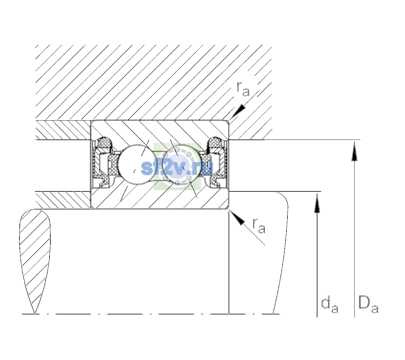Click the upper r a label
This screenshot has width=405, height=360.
click(x=243, y=89)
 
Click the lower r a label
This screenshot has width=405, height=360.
click(x=259, y=226)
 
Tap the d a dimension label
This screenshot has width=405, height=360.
click(x=330, y=306)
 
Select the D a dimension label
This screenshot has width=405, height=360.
click(x=368, y=304)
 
